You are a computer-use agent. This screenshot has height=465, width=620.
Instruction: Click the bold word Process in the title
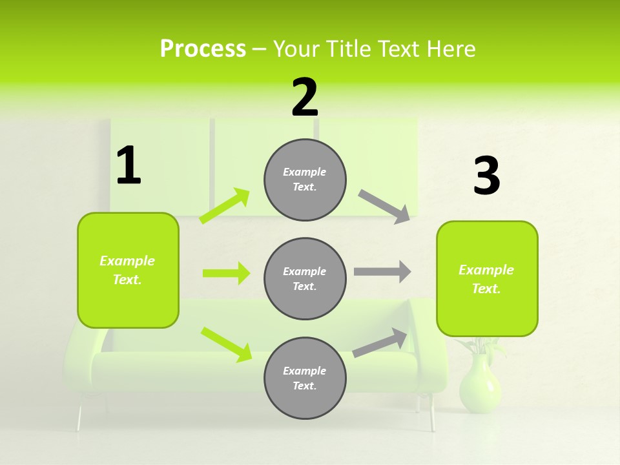203,49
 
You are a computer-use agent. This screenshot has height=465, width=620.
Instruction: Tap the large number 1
129,166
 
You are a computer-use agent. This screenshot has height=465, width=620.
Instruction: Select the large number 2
305,98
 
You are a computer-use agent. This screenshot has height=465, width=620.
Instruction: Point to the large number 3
487,176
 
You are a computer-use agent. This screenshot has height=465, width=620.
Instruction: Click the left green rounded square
128,270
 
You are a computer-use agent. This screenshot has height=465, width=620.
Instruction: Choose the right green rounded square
487,279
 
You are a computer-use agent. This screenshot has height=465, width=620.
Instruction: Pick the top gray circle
305,180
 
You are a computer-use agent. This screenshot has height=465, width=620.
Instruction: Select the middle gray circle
305,279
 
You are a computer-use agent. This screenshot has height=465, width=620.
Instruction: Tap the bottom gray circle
305,378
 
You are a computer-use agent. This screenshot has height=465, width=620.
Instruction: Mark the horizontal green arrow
226,273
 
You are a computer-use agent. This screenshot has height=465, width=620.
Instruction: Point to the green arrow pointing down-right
226,344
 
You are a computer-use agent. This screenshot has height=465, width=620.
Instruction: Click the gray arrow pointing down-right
384,207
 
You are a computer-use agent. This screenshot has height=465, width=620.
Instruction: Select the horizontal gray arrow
382,272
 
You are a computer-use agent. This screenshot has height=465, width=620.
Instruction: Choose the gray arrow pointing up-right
380,343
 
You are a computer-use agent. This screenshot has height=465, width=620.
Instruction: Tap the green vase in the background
479,384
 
